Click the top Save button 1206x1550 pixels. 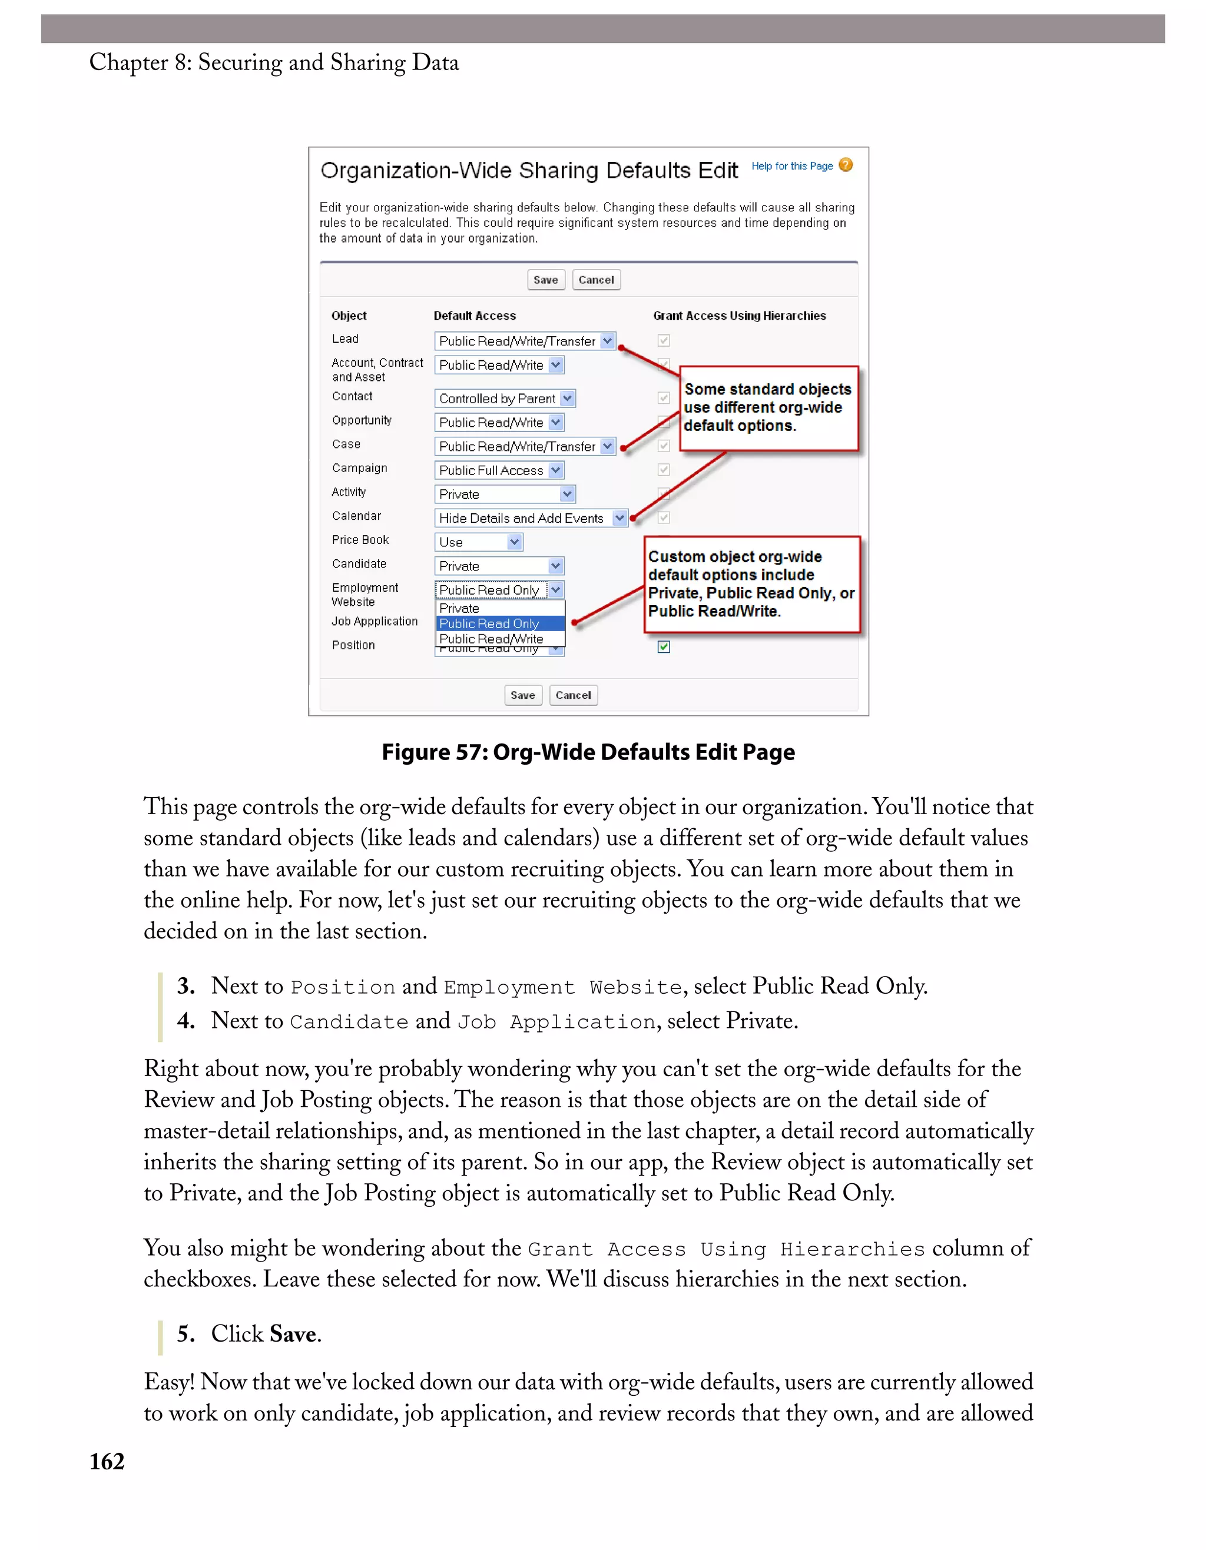point(545,280)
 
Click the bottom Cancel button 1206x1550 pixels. point(573,695)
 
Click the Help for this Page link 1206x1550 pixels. point(791,166)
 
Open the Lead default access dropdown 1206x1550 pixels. point(525,341)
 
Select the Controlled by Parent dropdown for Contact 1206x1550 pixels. point(504,398)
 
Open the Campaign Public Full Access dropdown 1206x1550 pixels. point(499,470)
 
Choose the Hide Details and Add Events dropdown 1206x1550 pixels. point(530,518)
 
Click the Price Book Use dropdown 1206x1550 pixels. point(478,542)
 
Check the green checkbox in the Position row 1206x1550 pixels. point(664,646)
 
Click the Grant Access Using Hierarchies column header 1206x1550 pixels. point(739,316)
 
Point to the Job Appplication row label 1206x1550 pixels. point(375,621)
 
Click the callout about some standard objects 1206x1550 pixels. point(768,407)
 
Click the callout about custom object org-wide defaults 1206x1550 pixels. point(751,583)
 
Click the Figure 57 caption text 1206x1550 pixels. point(588,752)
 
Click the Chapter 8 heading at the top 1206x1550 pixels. point(274,62)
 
